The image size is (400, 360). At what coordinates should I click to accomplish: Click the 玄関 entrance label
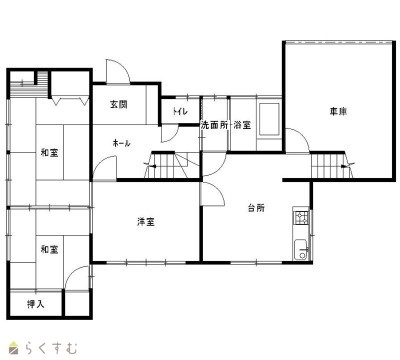[119, 104]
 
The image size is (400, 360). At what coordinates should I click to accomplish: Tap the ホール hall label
[121, 144]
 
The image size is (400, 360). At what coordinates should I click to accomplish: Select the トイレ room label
[180, 112]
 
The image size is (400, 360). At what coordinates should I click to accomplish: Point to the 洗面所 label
[214, 125]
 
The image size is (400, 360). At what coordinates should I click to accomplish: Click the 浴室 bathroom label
[242, 125]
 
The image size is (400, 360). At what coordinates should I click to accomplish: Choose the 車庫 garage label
[338, 111]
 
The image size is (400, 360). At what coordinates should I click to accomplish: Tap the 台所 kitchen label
[256, 208]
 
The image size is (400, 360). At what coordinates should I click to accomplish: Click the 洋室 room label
[146, 222]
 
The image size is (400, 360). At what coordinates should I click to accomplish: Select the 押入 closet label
[35, 304]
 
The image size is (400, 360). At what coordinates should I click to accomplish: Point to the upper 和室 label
[49, 153]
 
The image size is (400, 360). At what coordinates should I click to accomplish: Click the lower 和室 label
[49, 249]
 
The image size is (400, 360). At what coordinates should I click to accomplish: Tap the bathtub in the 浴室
[269, 119]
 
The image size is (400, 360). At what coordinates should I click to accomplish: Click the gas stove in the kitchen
[301, 217]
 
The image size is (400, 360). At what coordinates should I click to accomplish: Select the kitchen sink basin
[301, 249]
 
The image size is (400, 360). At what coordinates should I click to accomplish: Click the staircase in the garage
[332, 165]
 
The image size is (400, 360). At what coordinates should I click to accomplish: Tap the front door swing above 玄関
[118, 71]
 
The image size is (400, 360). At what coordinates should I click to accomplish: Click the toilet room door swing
[169, 134]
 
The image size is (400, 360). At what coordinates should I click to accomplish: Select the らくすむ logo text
[51, 348]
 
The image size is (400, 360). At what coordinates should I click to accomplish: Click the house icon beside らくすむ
[15, 348]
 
